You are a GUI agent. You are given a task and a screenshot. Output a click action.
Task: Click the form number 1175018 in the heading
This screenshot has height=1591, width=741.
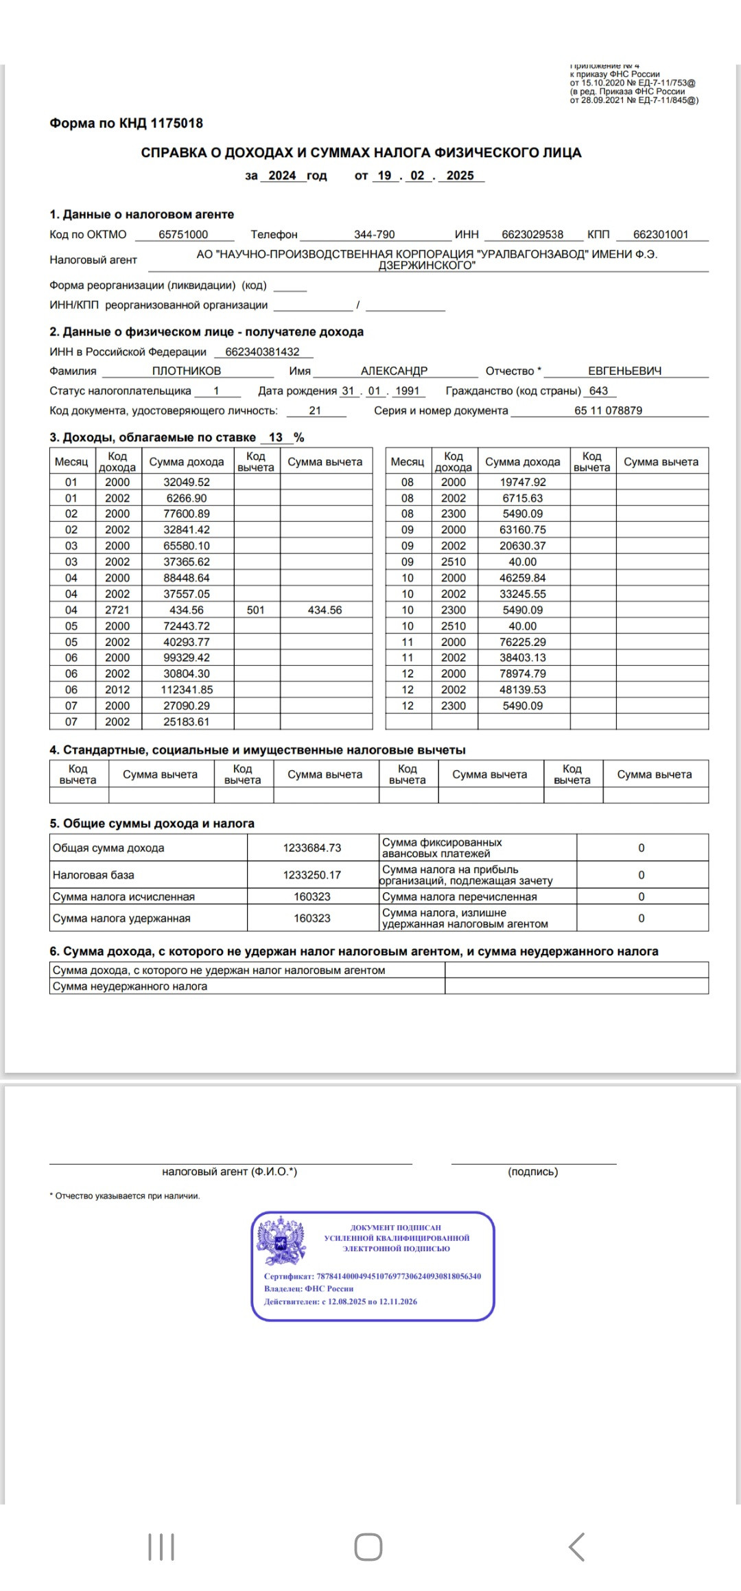(x=176, y=124)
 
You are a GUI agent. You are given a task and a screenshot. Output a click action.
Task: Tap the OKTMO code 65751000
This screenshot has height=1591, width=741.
(x=183, y=235)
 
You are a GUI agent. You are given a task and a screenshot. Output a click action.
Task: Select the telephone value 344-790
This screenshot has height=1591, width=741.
(x=374, y=235)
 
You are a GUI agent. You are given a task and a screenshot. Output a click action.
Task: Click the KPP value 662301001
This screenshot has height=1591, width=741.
(x=660, y=235)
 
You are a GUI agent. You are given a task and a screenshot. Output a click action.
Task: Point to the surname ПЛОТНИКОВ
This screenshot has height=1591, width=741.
(x=187, y=371)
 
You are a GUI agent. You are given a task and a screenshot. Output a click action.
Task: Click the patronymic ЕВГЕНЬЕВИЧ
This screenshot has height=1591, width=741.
(x=624, y=371)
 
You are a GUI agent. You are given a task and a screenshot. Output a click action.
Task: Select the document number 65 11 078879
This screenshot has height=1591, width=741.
(x=608, y=411)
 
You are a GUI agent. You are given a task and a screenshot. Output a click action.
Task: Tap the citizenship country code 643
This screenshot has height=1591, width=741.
(x=598, y=391)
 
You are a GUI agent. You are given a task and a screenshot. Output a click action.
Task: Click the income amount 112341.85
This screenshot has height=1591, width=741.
(x=187, y=690)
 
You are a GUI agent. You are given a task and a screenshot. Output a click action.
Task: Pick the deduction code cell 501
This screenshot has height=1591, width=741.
(x=256, y=610)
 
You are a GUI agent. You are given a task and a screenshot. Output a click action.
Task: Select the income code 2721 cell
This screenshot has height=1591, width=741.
(x=117, y=610)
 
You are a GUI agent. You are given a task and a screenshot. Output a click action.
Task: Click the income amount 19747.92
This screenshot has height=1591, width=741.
(x=523, y=483)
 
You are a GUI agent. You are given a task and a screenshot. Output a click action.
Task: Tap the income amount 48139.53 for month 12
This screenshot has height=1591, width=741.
(x=523, y=690)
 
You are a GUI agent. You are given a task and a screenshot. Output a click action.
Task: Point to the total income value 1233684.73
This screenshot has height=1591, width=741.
(x=312, y=848)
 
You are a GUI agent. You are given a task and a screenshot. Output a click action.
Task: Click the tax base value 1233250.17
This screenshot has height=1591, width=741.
(x=312, y=875)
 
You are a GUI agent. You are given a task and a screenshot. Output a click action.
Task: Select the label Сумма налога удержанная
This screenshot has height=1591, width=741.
(x=121, y=918)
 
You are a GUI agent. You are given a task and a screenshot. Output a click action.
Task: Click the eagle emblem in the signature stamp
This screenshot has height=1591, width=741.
(x=281, y=1241)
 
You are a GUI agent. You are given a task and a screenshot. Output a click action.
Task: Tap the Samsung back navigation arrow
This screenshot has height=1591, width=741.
(x=577, y=1547)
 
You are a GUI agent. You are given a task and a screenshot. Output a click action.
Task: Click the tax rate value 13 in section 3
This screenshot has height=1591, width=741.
(x=276, y=438)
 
